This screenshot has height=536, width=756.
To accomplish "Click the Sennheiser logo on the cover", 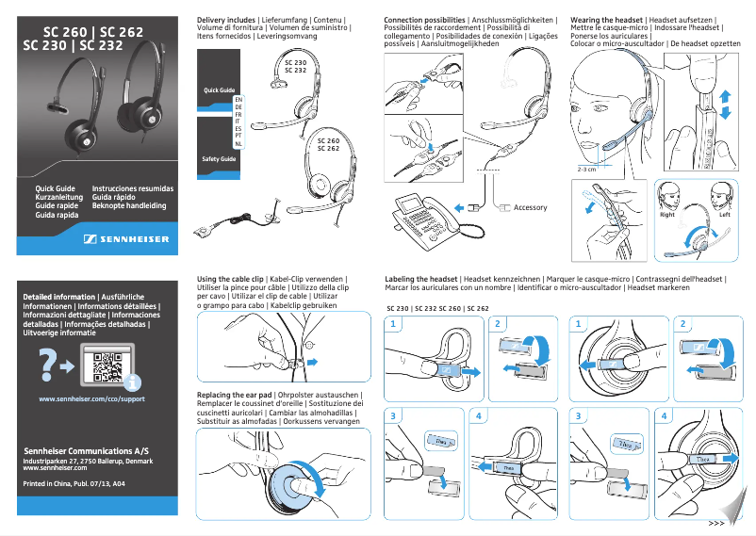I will point(126,239).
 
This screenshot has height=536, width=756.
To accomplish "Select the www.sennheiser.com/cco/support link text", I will point(90,399).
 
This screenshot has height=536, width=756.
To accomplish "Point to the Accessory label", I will point(530,207).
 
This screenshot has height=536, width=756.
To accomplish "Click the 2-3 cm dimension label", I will point(587,170).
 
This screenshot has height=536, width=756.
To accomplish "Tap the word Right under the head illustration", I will point(667,215).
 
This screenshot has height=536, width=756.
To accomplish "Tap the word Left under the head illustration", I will point(724,215).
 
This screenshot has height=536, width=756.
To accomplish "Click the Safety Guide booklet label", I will point(219,159).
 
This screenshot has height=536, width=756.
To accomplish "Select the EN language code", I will point(238,98).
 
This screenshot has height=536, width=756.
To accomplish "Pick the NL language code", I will point(238,143).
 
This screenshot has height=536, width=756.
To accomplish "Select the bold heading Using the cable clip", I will point(230,280).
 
